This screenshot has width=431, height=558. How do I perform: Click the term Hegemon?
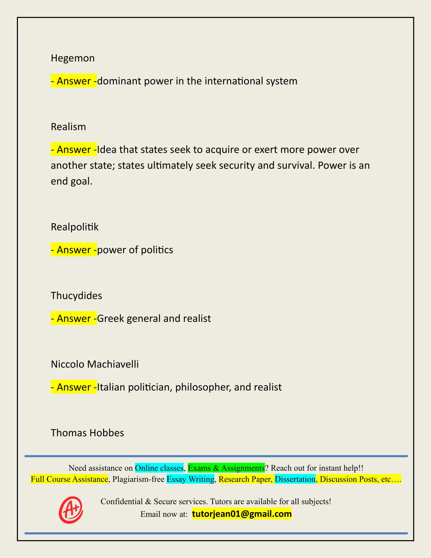(72, 59)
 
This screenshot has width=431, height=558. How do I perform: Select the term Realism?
(68, 127)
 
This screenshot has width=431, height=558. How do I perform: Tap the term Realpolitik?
(74, 227)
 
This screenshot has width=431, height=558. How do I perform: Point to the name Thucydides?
(76, 296)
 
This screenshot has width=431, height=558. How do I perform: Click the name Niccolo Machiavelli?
(95, 364)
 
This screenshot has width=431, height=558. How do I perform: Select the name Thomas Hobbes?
(87, 433)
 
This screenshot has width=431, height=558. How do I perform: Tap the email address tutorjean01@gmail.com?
(242, 514)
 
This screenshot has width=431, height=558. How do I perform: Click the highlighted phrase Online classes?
(159, 468)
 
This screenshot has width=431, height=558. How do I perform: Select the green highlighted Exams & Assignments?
(226, 468)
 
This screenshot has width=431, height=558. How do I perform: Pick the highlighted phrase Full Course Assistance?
(69, 479)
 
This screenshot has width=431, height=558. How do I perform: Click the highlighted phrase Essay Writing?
(191, 479)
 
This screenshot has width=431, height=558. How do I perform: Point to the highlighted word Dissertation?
(295, 479)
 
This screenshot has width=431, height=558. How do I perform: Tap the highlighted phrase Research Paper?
(245, 479)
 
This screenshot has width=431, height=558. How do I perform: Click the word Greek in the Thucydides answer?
(111, 319)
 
